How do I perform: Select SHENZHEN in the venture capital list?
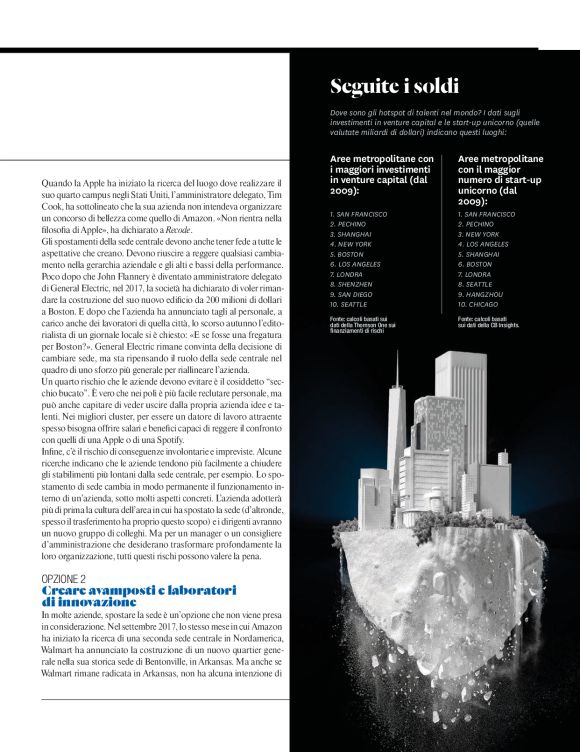(351, 283)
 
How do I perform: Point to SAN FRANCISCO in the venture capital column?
(361, 214)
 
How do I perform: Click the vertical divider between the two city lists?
(450, 240)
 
